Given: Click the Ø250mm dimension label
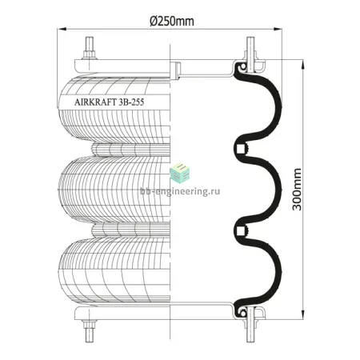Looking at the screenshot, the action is click(172, 22).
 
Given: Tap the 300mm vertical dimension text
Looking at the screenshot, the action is click(297, 190).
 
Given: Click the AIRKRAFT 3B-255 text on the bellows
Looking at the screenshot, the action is click(110, 102).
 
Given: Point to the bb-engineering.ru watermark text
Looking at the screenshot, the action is click(180, 191).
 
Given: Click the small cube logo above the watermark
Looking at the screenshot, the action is click(180, 173).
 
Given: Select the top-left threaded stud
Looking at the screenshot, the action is click(89, 44).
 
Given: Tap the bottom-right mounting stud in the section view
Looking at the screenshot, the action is click(250, 324).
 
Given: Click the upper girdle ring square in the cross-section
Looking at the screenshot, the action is click(240, 148).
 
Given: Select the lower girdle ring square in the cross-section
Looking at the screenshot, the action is click(240, 230).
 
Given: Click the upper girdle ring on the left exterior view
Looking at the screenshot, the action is click(130, 150).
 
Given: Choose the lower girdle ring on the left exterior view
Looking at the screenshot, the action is click(130, 230).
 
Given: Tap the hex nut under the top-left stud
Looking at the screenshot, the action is click(89, 55).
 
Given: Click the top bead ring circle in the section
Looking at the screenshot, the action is click(242, 66).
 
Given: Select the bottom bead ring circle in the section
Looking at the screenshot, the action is click(242, 312).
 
